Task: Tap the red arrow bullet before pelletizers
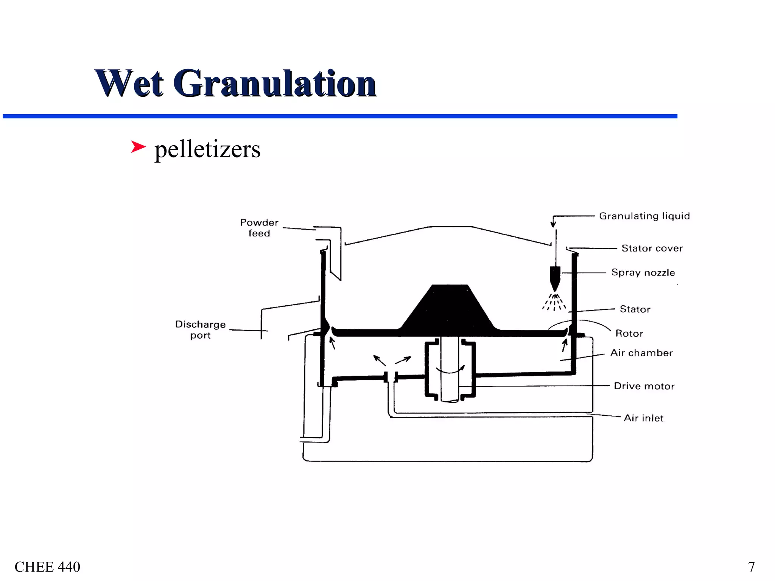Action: [138, 147]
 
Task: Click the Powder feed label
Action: [259, 228]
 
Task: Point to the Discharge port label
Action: [200, 330]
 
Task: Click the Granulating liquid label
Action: [644, 216]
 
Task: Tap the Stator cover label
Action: [652, 249]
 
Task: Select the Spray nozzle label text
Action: [643, 273]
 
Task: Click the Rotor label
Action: [629, 334]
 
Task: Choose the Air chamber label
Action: [641, 353]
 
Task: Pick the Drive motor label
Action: [644, 386]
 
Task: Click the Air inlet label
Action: [643, 418]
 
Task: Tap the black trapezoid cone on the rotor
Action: [450, 308]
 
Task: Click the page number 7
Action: [751, 567]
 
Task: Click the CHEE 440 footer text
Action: [47, 567]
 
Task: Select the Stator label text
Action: [635, 309]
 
